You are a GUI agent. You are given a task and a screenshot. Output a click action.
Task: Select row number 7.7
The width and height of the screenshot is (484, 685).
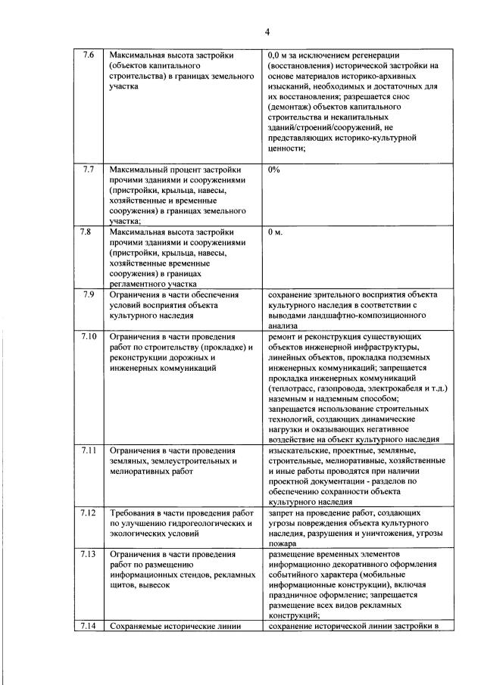[89, 169]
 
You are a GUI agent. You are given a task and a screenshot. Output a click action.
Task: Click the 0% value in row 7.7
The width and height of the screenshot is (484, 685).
[274, 170]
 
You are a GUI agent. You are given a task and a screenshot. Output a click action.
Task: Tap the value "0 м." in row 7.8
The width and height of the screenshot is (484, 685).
[276, 232]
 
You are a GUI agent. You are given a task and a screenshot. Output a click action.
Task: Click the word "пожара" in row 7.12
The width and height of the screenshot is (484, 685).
[284, 543]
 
